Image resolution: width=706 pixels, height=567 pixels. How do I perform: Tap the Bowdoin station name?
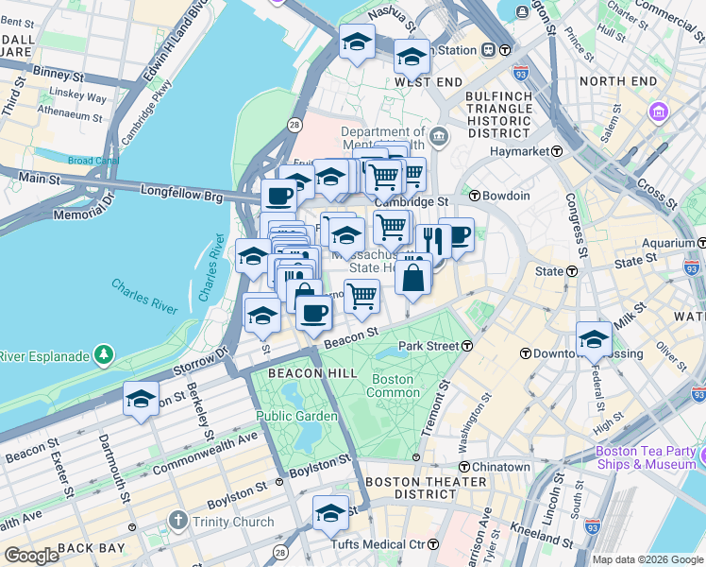coord(506,196)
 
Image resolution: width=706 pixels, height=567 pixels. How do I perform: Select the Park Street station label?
coord(429,347)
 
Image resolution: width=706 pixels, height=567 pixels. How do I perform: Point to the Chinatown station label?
coord(500,467)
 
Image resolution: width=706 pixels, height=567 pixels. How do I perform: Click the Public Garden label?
coord(296,416)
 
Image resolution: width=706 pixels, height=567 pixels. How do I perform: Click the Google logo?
coord(31,556)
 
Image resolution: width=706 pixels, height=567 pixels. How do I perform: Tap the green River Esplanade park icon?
coord(103,356)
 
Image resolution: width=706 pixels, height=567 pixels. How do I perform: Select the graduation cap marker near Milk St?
coord(594,339)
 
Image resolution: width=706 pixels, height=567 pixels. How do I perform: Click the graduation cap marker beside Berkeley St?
coord(142,398)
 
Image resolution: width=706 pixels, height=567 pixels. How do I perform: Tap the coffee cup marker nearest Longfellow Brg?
coord(278,196)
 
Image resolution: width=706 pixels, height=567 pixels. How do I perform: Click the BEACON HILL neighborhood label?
coord(300,373)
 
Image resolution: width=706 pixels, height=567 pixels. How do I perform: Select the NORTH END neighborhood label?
coord(617,82)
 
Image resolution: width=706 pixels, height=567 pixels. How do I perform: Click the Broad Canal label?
coord(92,162)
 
